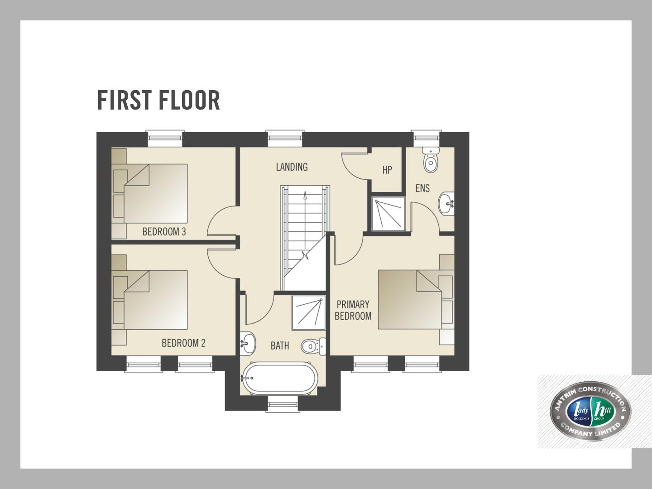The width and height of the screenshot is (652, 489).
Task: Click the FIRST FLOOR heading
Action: point(158,101)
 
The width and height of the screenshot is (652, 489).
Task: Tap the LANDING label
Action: point(292,167)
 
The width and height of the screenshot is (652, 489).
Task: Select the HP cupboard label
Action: point(387,170)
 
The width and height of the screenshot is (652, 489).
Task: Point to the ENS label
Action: point(422,188)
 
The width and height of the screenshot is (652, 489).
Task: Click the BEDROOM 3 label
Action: point(164,231)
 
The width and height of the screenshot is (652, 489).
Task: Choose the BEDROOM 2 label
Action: point(183,343)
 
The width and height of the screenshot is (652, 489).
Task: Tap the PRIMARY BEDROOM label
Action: point(353,310)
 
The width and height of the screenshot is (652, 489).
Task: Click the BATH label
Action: point(279,345)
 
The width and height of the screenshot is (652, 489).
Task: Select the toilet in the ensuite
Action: point(431,160)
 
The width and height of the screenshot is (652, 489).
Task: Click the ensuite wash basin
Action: point(446,203)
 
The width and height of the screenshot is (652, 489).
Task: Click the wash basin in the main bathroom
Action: point(248,343)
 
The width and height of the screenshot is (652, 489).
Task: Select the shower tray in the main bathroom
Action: point(309,312)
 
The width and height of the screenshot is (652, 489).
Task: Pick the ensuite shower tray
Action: point(388,214)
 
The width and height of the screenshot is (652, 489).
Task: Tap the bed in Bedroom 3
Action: point(149,193)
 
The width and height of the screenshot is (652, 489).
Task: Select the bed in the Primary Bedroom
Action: point(416,299)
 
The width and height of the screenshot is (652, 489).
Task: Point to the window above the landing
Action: point(285,139)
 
